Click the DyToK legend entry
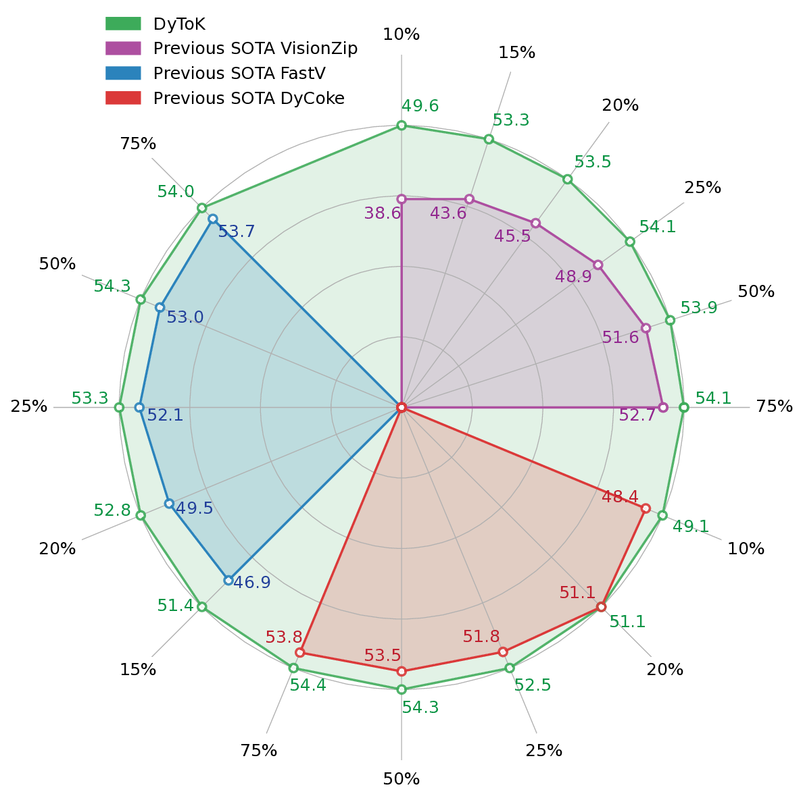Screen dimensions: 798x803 coord(178,24)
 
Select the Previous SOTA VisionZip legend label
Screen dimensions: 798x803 coord(255,49)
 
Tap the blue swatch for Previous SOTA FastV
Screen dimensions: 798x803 coord(123,73)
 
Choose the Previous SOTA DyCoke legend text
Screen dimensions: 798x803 coord(248,98)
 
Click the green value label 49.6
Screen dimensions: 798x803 coord(420,106)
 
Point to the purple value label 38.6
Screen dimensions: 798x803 coord(383,214)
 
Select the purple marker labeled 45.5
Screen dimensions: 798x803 coord(535,223)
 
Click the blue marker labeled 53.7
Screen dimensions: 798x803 coord(213,219)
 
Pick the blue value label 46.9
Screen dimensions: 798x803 coord(251,583)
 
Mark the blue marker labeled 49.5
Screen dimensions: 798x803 coord(169,504)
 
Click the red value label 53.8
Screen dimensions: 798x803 coord(284,637)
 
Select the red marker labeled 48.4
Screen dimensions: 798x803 coord(646,508)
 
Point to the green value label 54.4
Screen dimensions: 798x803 coord(308,686)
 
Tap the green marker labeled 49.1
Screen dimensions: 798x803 coord(662,515)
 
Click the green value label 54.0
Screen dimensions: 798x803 coord(176,192)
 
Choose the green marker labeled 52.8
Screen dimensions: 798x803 coord(141,516)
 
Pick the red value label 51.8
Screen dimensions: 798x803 coord(481,637)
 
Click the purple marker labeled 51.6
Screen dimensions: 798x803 coord(646,328)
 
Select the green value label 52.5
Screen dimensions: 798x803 coord(533,685)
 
